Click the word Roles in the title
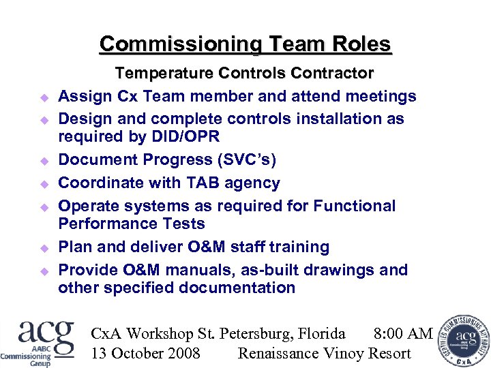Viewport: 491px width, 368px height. coord(361,45)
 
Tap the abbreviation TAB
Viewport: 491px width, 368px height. coord(192,183)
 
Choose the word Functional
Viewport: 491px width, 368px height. coord(354,206)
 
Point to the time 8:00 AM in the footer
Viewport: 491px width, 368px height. coord(403,334)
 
